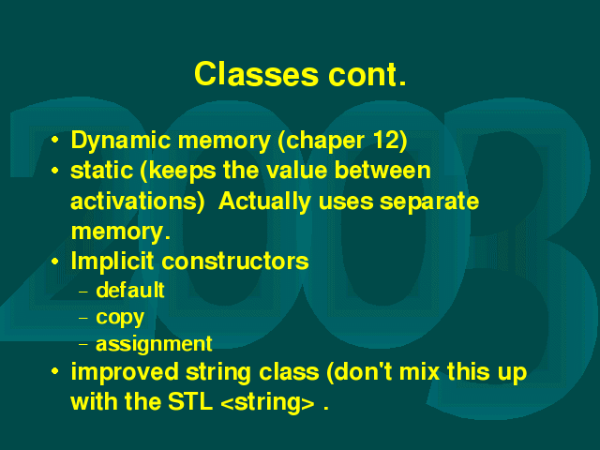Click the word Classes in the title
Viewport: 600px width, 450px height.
point(256,74)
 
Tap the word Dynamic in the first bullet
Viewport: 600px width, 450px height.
point(121,142)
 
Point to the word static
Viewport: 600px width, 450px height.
point(101,170)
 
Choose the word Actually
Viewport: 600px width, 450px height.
point(264,202)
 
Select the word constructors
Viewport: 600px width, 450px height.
point(235,262)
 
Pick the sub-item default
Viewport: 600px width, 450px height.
point(130,291)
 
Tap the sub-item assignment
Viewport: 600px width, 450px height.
point(154,344)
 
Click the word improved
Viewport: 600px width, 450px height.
point(125,373)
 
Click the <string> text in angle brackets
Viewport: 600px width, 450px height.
point(268,402)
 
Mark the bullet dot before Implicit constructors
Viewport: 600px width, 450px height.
point(55,262)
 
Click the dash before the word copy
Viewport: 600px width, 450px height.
point(83,318)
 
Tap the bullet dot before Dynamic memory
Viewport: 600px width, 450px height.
point(55,140)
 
